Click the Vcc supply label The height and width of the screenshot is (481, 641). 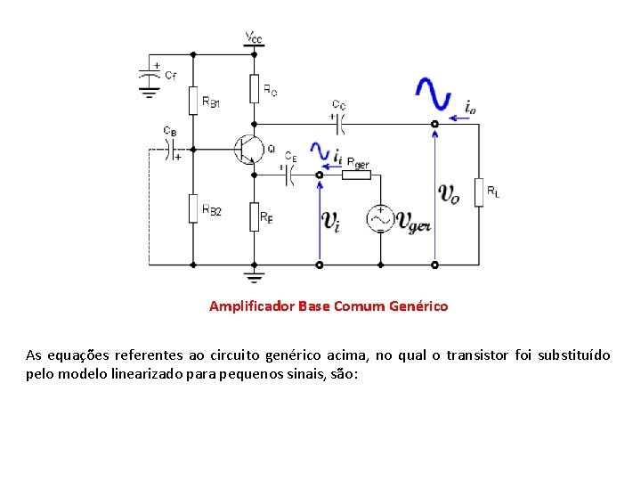[x=254, y=37]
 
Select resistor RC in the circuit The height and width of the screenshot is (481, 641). [x=255, y=87]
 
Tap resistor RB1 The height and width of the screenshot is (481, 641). [x=192, y=100]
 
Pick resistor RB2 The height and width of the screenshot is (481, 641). [x=192, y=208]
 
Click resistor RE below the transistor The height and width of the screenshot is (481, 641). [x=255, y=215]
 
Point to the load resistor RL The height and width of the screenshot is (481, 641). [x=479, y=192]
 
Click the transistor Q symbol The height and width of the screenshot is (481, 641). [x=247, y=149]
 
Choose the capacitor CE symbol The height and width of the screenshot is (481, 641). [x=290, y=175]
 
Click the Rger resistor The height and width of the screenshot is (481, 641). [x=357, y=175]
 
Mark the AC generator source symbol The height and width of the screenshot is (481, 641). [x=380, y=218]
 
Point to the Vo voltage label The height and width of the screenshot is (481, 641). [x=450, y=194]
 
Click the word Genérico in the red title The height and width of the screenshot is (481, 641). [x=418, y=306]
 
